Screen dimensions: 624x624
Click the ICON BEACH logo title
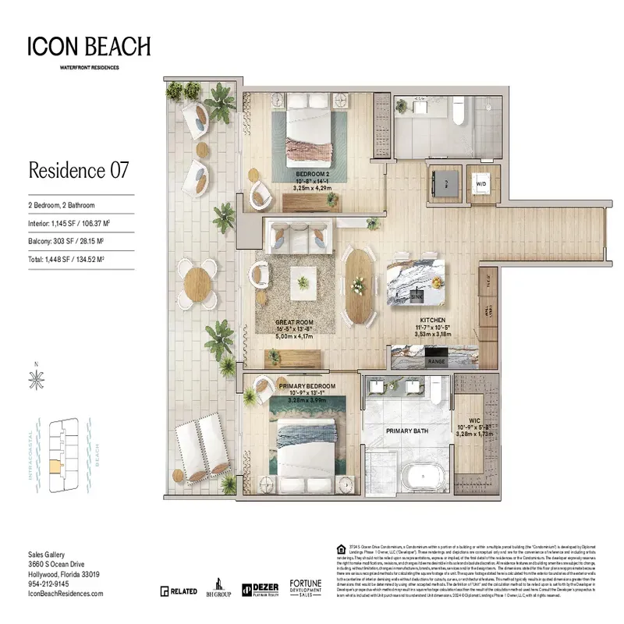click(89, 47)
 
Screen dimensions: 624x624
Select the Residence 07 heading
click(78, 169)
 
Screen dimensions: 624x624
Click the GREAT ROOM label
click(293, 321)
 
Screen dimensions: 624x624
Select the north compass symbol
click(35, 379)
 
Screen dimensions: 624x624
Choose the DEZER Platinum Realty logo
click(261, 590)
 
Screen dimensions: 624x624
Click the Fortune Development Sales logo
click(306, 588)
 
